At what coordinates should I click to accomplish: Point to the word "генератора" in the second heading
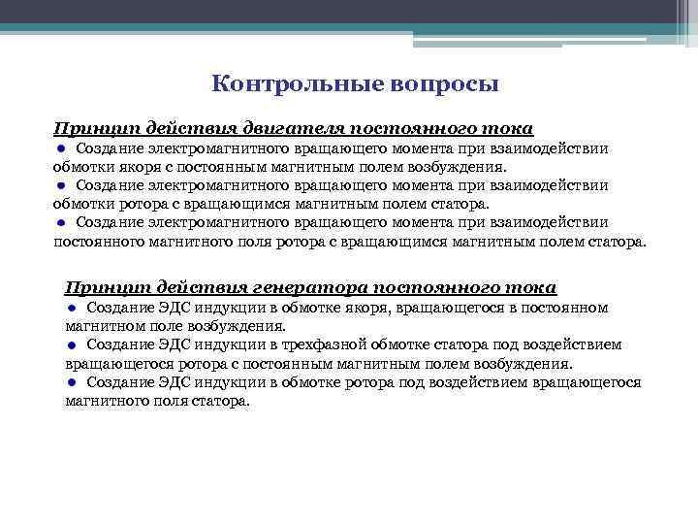[x=304, y=288]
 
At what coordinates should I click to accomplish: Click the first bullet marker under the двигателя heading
[x=60, y=147]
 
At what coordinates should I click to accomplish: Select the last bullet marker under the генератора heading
[x=72, y=382]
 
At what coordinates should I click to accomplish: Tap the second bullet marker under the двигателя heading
[x=60, y=185]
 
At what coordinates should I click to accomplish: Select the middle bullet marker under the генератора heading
[x=72, y=344]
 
